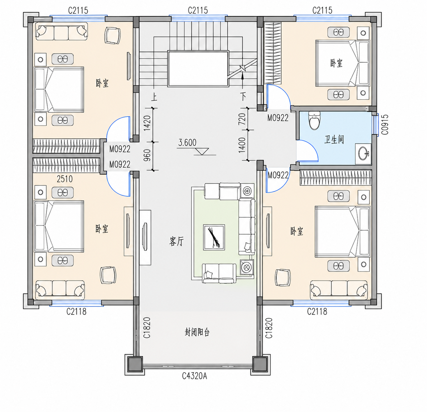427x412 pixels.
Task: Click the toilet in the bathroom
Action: point(314,120)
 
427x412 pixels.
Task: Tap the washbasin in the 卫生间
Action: point(363,153)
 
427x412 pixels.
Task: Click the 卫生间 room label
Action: point(334,139)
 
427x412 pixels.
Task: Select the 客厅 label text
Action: point(177,241)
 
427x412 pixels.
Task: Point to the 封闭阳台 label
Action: point(197,332)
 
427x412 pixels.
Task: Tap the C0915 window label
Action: point(385,124)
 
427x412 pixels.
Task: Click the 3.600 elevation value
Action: point(187,143)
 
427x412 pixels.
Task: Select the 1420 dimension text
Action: point(147,123)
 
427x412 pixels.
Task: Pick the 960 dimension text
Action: point(147,155)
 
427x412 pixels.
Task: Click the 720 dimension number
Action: point(242,119)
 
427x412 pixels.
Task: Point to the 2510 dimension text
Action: point(65,179)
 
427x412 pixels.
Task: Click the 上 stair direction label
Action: point(154,97)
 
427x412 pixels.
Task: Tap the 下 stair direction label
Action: point(243,96)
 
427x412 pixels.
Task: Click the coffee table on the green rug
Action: point(214,237)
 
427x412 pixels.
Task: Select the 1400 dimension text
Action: point(242,145)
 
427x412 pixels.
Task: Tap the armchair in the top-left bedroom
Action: point(113,35)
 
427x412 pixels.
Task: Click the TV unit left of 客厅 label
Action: point(145,237)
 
